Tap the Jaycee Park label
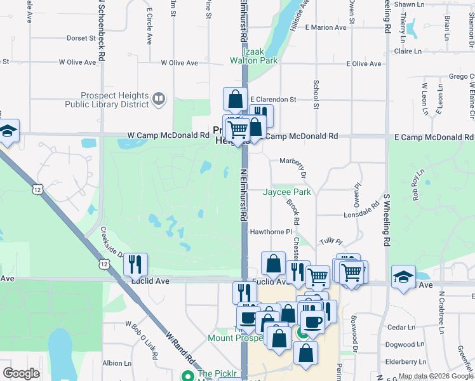287,192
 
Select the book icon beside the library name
159,98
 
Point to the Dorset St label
81,38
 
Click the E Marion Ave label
326,27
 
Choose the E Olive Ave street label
364,64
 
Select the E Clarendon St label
273,100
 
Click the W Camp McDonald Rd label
168,136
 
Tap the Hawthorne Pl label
270,232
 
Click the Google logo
21,373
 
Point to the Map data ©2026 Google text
435,376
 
